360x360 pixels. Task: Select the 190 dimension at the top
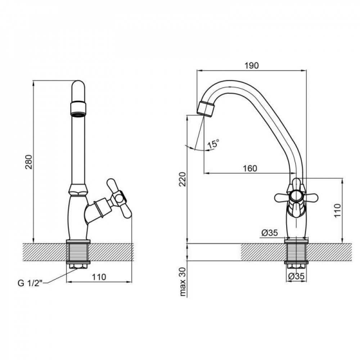(251, 65)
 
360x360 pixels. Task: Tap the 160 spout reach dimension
(249, 168)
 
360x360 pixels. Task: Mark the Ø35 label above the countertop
(269, 233)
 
